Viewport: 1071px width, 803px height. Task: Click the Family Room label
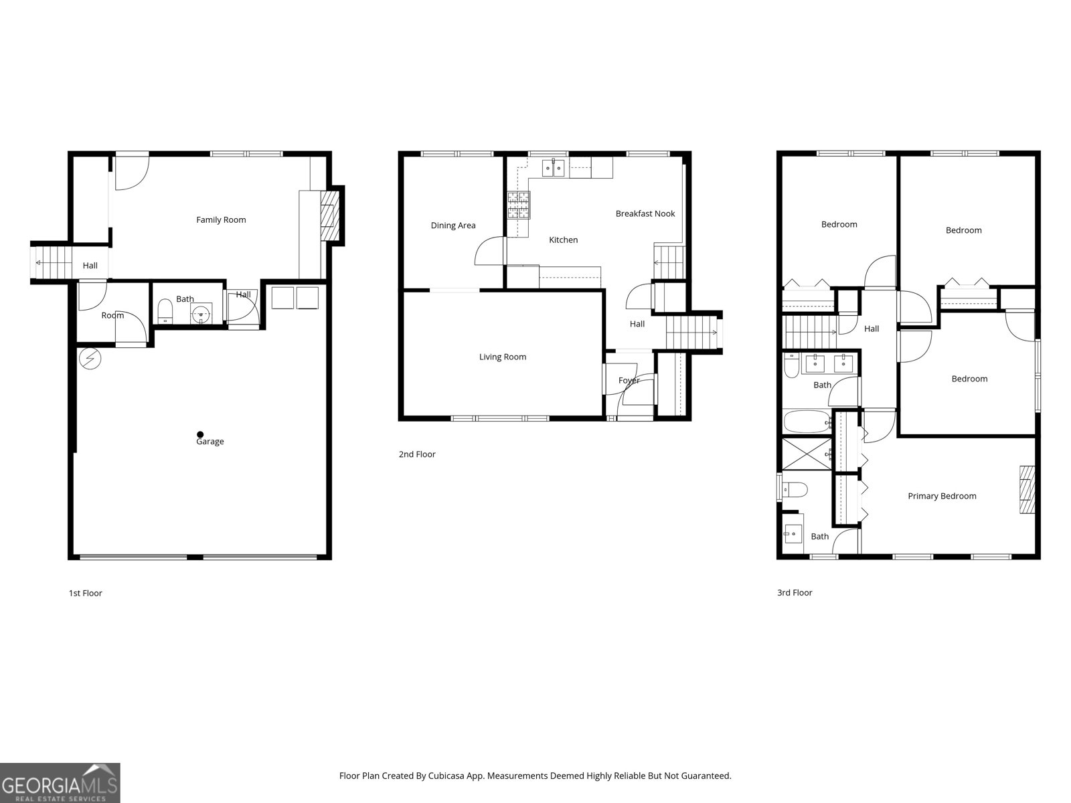pos(221,219)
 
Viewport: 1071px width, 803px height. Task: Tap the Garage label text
pos(210,442)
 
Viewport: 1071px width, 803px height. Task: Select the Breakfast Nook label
pos(645,213)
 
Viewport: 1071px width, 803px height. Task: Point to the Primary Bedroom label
pos(942,496)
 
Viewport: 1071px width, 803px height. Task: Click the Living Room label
pos(502,357)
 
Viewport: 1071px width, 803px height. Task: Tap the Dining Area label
pos(453,226)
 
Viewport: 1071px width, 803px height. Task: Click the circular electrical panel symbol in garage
pos(90,360)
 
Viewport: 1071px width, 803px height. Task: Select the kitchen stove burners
pos(518,205)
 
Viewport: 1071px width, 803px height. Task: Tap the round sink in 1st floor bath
pos(201,313)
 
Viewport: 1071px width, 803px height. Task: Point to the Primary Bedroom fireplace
pos(1026,489)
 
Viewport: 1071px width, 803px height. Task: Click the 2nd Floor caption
pos(417,454)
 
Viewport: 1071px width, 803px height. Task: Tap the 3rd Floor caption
pos(795,593)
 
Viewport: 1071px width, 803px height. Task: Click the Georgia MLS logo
pos(60,783)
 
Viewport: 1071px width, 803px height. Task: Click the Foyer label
pos(629,380)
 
